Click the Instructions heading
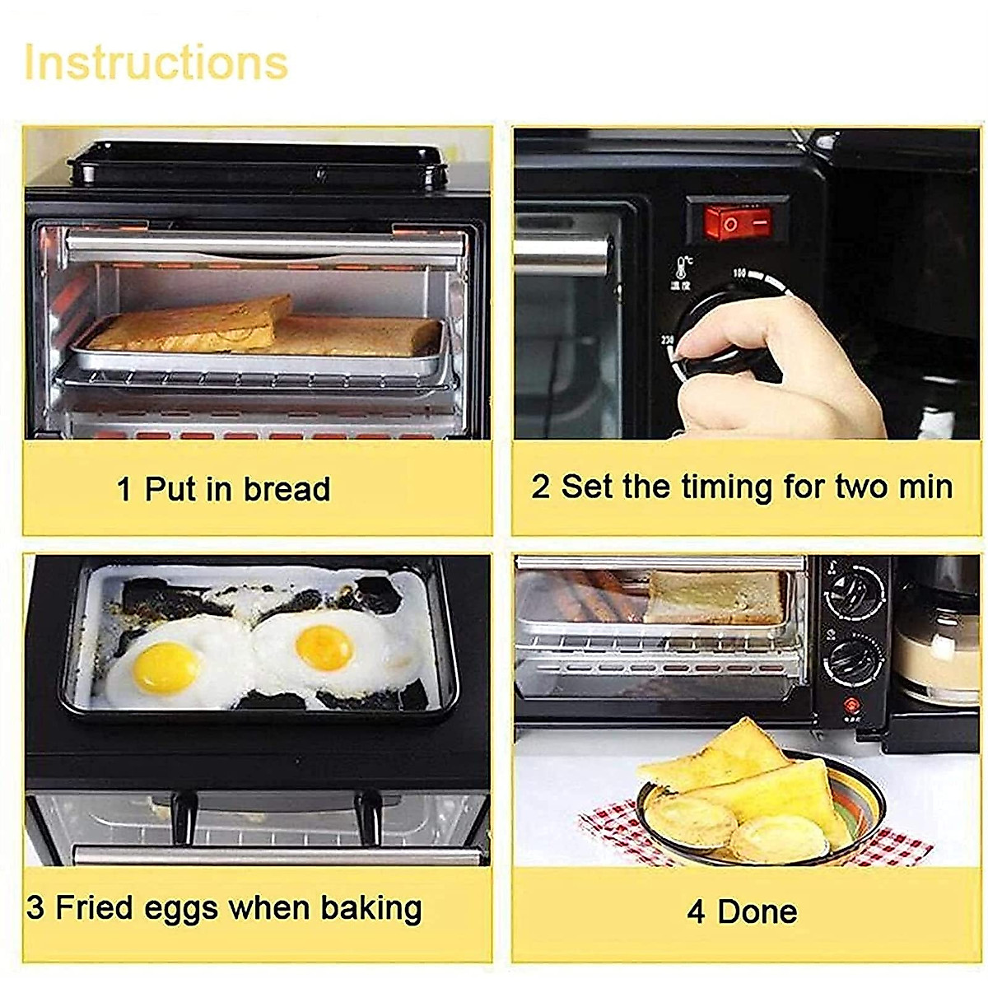point(156,63)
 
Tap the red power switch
point(738,221)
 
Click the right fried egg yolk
point(324,647)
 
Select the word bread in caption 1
point(287,489)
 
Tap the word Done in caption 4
point(757,911)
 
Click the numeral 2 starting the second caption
point(540,487)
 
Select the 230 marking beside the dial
point(667,339)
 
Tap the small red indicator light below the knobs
point(851,705)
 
